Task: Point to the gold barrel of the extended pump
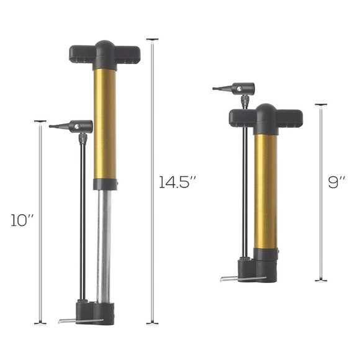(105, 124)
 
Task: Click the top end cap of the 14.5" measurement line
(152, 40)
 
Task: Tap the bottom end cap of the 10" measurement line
(40, 323)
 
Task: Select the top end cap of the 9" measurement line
(320, 105)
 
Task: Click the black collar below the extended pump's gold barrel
(105, 184)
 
